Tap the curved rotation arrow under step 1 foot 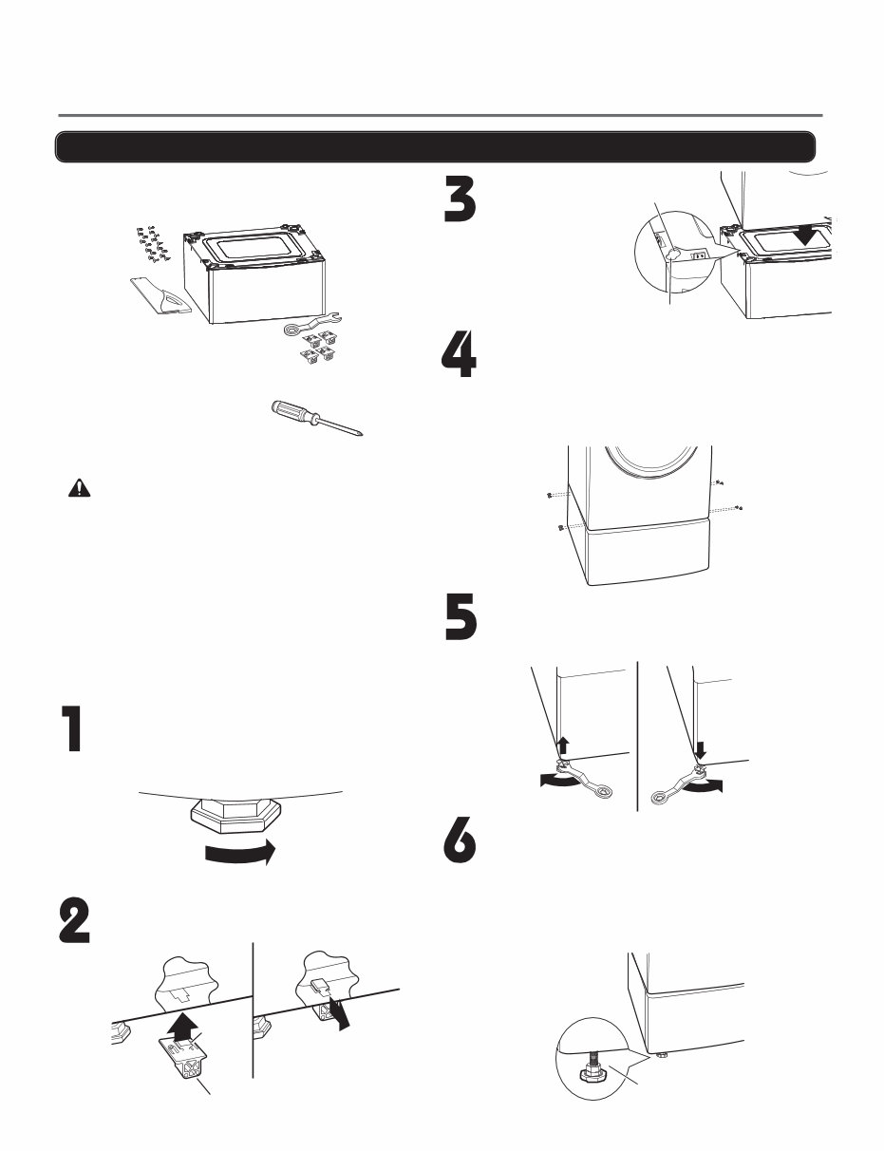pyautogui.click(x=239, y=852)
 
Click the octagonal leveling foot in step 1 pyautogui.click(x=233, y=817)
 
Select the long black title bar pyautogui.click(x=435, y=147)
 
